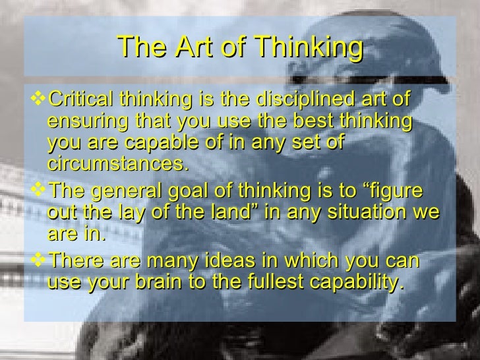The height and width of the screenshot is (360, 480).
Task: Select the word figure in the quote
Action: click(394, 194)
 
